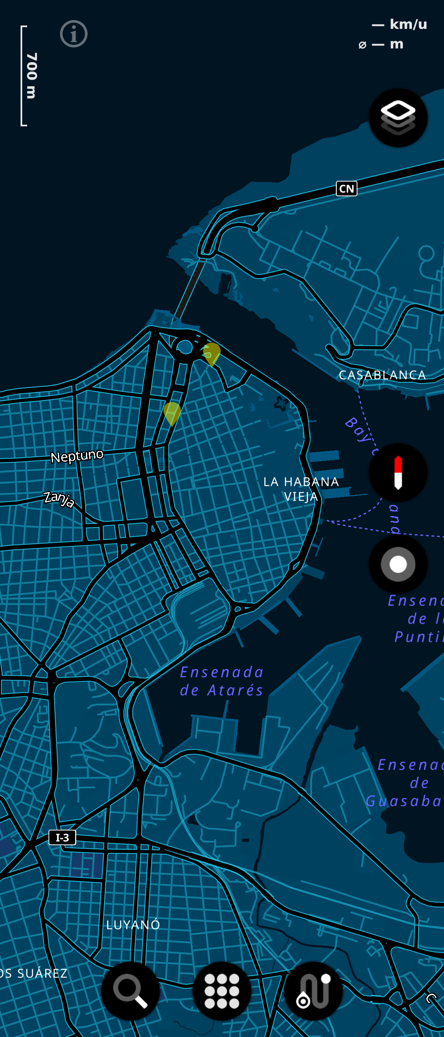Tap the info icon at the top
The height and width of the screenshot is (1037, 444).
(74, 34)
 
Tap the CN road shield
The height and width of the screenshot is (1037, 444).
(347, 189)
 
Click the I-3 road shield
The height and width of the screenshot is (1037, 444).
(62, 837)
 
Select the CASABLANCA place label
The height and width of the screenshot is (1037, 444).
(382, 375)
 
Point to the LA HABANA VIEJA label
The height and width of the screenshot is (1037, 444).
(301, 489)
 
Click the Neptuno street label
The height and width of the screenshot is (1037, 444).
(77, 456)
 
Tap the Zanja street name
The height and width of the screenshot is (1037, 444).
(59, 499)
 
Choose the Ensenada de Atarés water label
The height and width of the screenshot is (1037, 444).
(222, 681)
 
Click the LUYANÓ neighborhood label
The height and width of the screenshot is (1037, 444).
(133, 925)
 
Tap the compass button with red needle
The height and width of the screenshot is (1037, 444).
(398, 472)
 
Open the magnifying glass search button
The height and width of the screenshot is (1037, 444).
(130, 990)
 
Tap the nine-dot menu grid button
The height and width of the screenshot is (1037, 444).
(222, 990)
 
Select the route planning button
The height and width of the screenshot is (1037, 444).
(313, 990)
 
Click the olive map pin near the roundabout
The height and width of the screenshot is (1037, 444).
(212, 353)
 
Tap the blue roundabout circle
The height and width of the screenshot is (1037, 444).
(185, 347)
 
